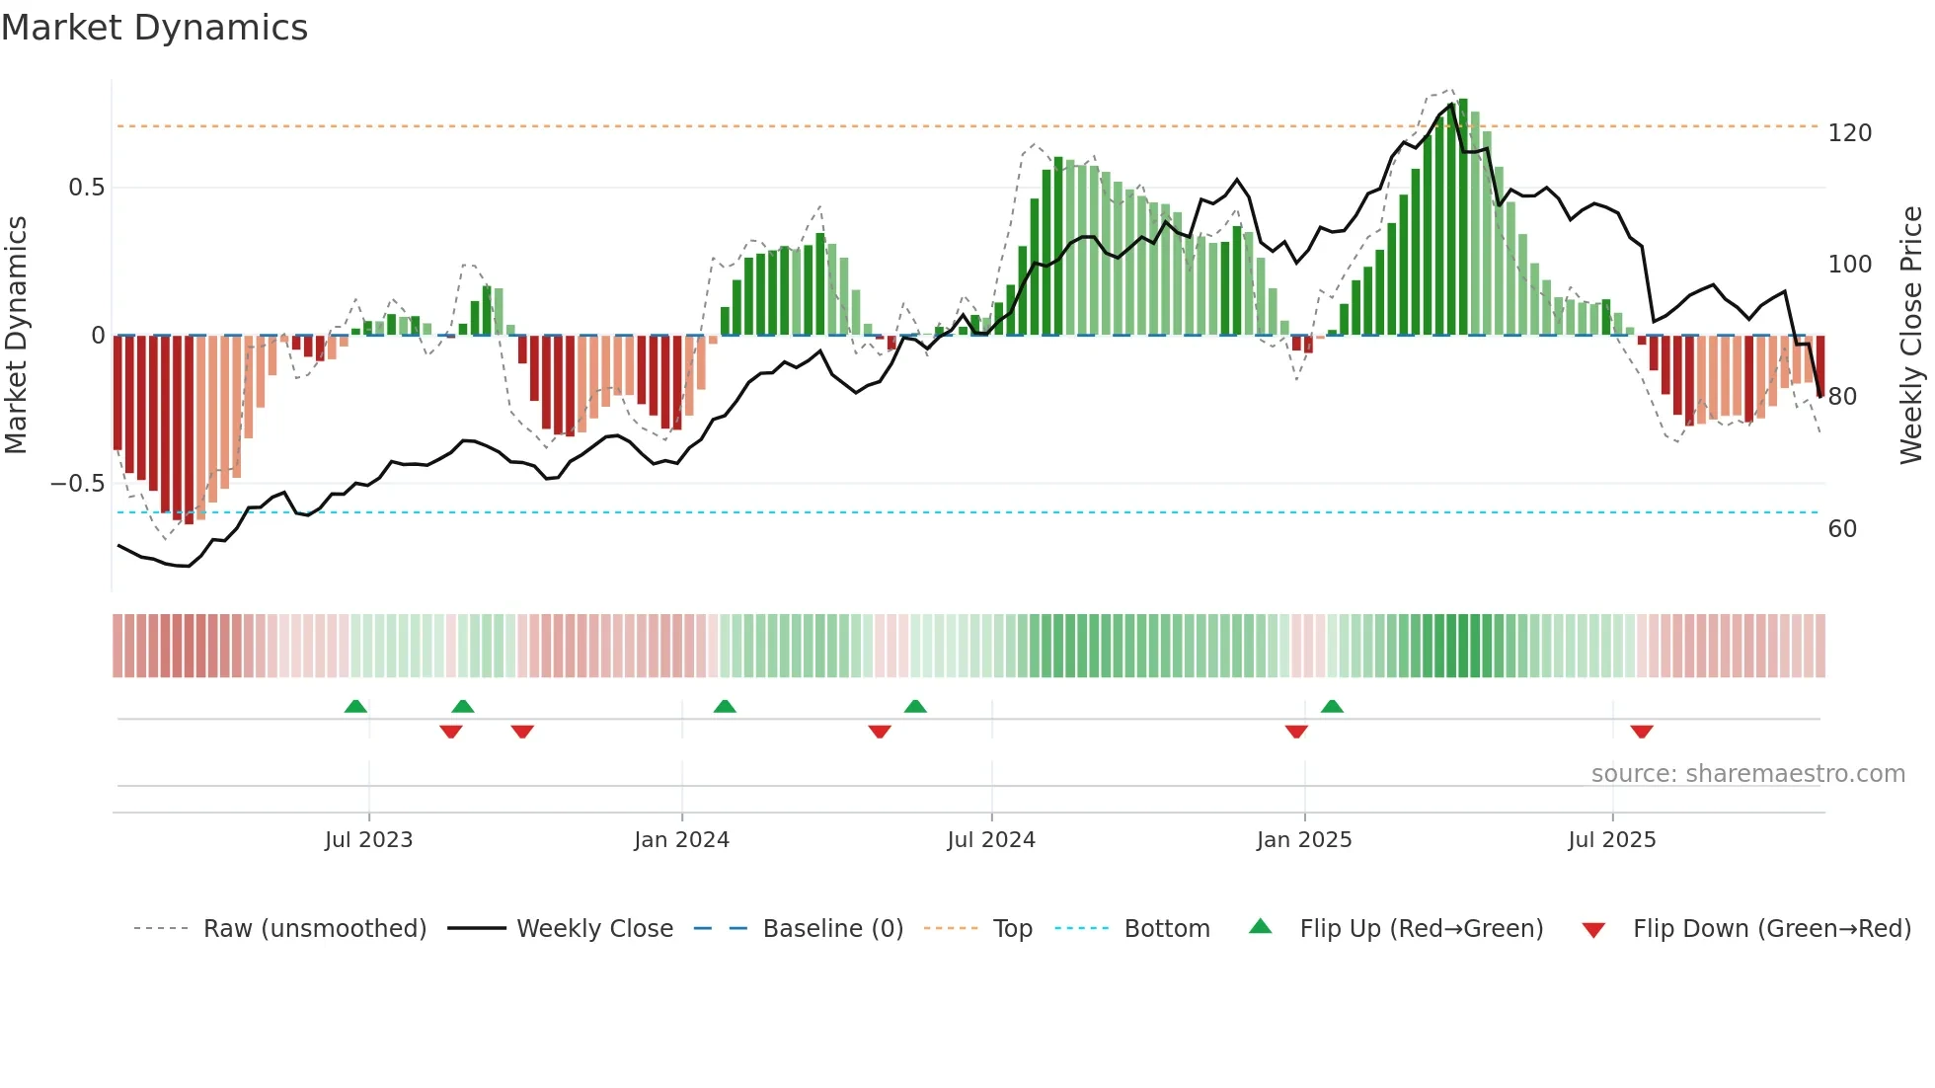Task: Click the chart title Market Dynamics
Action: pyautogui.click(x=155, y=28)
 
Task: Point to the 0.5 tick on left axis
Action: pyautogui.click(x=86, y=188)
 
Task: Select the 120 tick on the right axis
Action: pyautogui.click(x=1849, y=133)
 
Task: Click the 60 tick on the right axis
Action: pyautogui.click(x=1842, y=529)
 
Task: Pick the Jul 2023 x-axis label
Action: pyautogui.click(x=368, y=840)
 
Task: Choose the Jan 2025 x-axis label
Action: pyautogui.click(x=1303, y=840)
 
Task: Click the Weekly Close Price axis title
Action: pyautogui.click(x=1911, y=336)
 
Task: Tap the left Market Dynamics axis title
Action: pyautogui.click(x=16, y=336)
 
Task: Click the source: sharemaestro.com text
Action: pyautogui.click(x=1747, y=774)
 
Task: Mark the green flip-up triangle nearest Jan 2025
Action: pyautogui.click(x=1332, y=706)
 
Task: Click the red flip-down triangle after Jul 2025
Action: pyautogui.click(x=1642, y=732)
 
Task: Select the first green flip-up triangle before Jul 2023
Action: pyautogui.click(x=355, y=706)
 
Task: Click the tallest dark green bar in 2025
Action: pyautogui.click(x=1463, y=217)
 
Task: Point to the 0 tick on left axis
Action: pyautogui.click(x=98, y=336)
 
